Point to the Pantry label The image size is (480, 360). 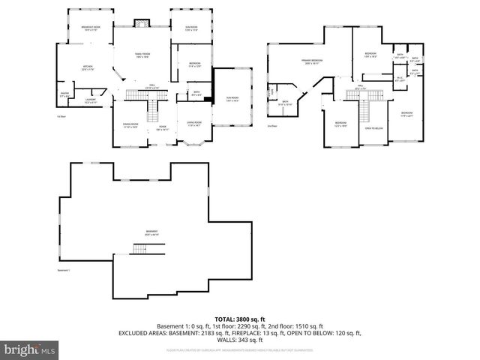pos(64,94)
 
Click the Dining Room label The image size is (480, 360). pos(131,125)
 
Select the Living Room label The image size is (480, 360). pos(193,125)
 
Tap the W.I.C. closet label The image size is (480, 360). pos(400,79)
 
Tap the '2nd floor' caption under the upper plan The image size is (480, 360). pos(272,126)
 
